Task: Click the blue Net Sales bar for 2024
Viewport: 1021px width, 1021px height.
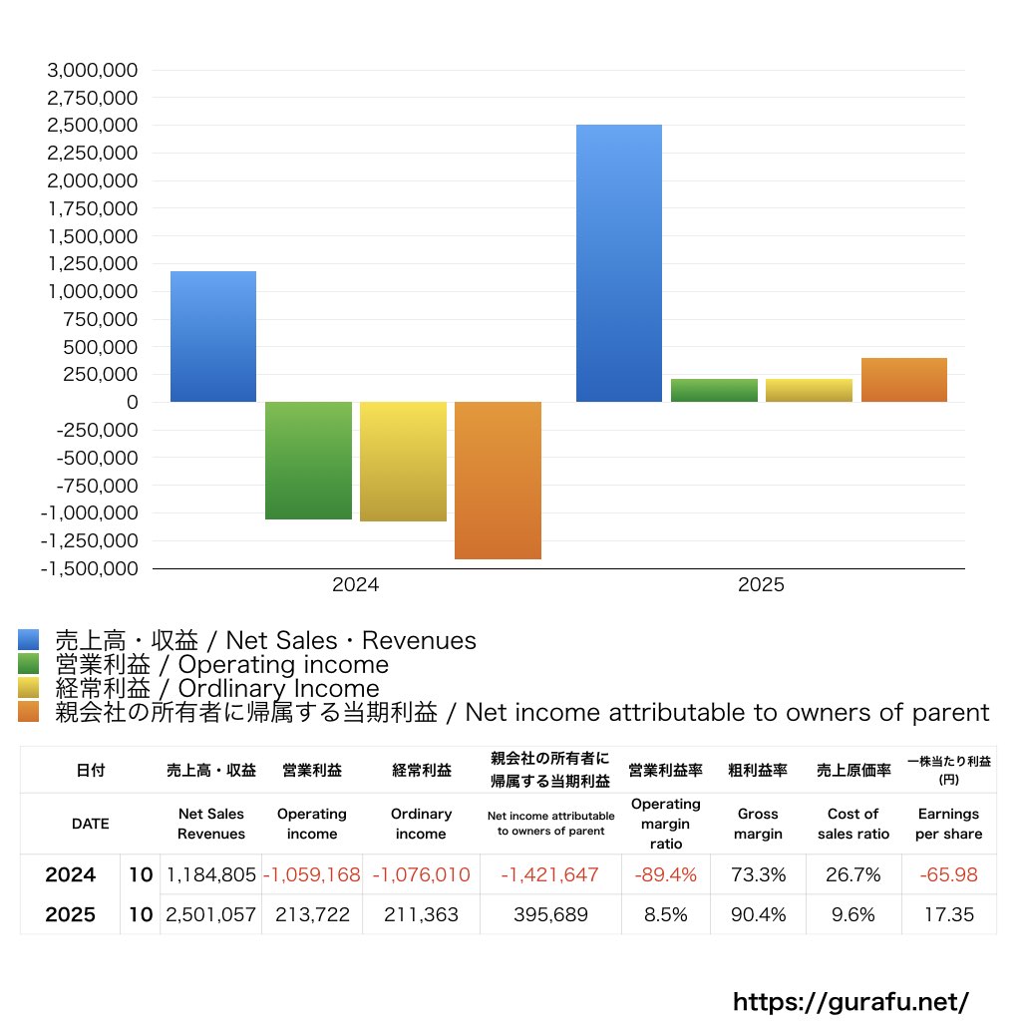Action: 213,337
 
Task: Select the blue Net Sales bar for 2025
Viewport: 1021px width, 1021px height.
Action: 618,263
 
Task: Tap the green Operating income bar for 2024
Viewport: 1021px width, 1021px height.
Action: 308,461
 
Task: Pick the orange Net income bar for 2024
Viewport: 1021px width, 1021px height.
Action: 498,481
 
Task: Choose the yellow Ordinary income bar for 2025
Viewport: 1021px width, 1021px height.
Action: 809,390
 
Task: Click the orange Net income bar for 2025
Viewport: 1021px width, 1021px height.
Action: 903,380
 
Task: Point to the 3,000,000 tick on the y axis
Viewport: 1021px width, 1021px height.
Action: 93,70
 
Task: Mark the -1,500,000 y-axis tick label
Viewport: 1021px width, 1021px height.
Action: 89,568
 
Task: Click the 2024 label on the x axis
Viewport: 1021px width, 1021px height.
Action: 356,584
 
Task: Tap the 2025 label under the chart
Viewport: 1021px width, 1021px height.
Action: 761,584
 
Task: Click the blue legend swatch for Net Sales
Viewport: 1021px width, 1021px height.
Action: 29,639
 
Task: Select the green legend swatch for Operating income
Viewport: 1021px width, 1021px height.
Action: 29,663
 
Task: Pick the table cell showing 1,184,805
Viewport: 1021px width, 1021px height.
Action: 211,874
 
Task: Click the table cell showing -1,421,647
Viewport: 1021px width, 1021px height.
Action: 550,874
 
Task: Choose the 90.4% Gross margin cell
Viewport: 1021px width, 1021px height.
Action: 758,915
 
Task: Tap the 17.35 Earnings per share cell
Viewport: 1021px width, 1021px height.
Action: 949,915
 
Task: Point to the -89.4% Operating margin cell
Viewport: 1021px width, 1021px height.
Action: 665,874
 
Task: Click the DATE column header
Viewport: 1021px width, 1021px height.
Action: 91,824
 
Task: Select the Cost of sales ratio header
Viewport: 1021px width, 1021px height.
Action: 853,824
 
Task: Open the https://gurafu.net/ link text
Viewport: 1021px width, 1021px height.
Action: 851,1001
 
